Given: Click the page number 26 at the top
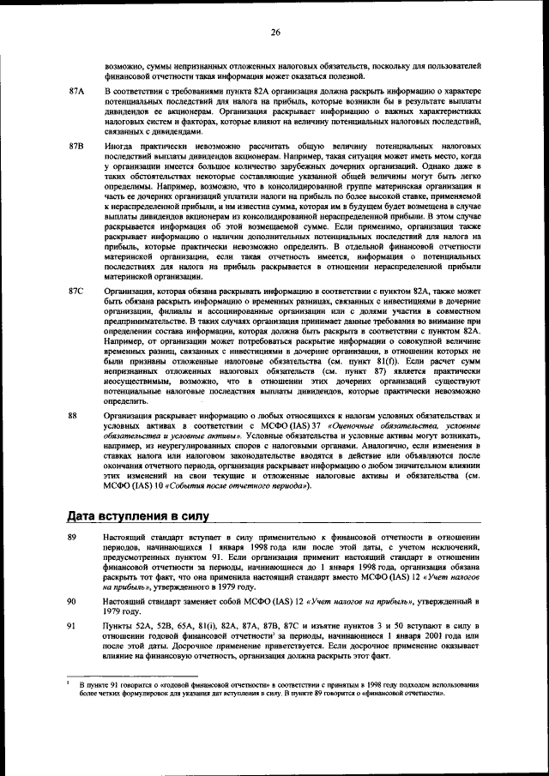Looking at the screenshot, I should pos(275,33).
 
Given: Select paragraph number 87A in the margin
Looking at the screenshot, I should pos(76,91).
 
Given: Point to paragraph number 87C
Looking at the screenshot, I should pos(76,292).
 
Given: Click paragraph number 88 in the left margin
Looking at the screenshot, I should pos(73,415).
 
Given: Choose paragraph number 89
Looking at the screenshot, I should pos(73,536).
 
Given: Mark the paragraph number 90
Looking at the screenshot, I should pos(73,603).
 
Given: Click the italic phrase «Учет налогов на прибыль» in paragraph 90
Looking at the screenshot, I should pos(335,603).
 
